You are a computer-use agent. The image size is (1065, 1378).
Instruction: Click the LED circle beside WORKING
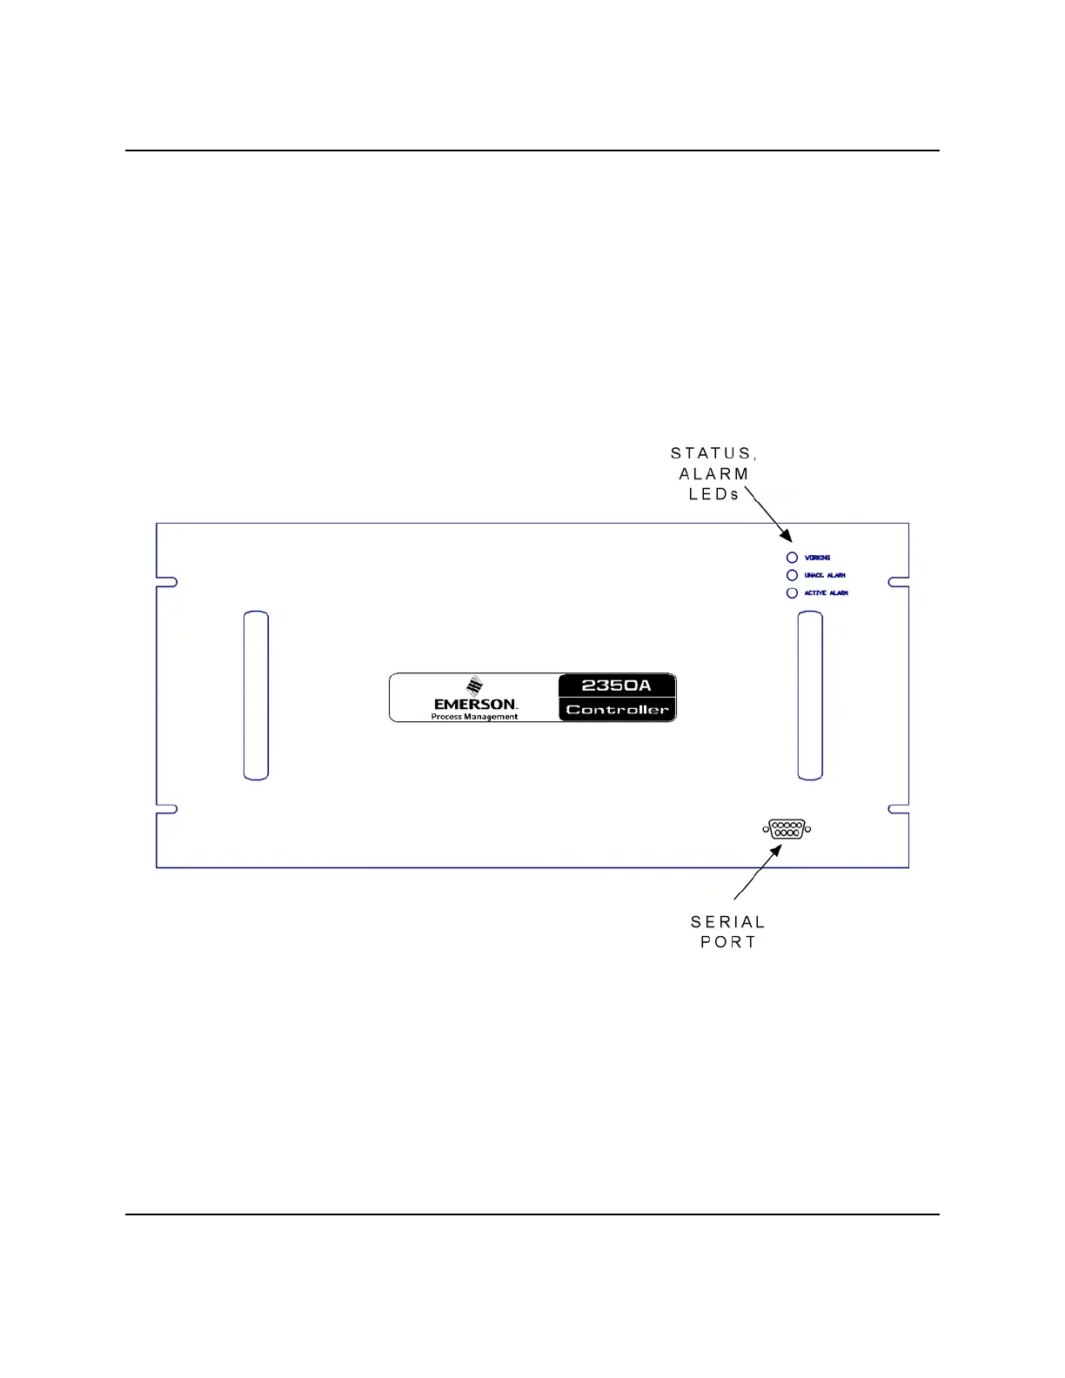[x=792, y=558]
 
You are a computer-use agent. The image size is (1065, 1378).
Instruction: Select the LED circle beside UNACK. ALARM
[x=792, y=575]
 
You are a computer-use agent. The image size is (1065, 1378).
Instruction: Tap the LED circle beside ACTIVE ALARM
[x=792, y=593]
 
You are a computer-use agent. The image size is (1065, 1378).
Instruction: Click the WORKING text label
[x=817, y=558]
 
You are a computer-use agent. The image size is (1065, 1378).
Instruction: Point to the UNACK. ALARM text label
[x=825, y=575]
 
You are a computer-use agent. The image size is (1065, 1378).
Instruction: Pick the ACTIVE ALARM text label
[x=826, y=593]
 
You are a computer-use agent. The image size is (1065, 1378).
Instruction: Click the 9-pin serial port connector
[x=787, y=829]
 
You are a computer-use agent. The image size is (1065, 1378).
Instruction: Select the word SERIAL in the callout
[x=727, y=922]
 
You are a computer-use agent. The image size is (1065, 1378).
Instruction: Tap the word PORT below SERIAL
[x=727, y=942]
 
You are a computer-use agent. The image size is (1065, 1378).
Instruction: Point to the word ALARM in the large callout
[x=713, y=474]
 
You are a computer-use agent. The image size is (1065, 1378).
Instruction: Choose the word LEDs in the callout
[x=713, y=494]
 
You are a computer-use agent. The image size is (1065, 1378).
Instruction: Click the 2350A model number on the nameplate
[x=616, y=686]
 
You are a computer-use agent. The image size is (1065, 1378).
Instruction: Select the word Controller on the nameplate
[x=617, y=710]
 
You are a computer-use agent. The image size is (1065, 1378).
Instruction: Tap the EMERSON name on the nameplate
[x=475, y=704]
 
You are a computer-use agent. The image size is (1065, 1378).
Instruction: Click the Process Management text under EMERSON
[x=474, y=717]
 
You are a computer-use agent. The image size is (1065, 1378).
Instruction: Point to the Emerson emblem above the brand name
[x=474, y=686]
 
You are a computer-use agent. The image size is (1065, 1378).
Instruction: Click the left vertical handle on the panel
[x=256, y=695]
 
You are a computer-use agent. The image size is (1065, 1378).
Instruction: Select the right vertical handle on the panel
[x=810, y=695]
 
